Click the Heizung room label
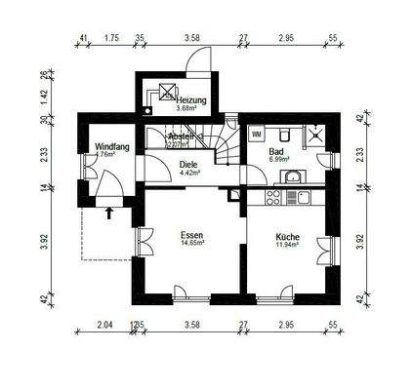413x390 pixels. click(189, 100)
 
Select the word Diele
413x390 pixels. click(188, 166)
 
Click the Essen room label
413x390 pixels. click(192, 234)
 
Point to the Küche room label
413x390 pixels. click(287, 235)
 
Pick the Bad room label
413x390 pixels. click(277, 153)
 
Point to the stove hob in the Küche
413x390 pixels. click(274, 196)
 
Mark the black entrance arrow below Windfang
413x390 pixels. click(108, 208)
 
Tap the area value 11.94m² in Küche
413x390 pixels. click(287, 245)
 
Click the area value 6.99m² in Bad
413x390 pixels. click(278, 163)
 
